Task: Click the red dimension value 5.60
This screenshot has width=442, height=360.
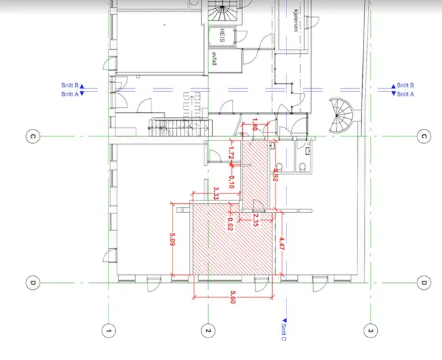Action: tap(233, 297)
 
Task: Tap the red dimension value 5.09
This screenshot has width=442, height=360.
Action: tap(173, 239)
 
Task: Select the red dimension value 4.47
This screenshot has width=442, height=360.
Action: tap(282, 243)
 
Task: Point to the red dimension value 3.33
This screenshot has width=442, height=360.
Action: tap(216, 194)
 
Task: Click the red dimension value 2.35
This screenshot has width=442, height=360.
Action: tap(255, 220)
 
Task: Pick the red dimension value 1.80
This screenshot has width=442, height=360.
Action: tap(254, 124)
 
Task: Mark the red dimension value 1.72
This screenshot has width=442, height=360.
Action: tap(231, 153)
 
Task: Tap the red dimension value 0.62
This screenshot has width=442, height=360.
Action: tap(230, 224)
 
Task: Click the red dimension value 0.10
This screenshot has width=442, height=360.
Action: tap(231, 181)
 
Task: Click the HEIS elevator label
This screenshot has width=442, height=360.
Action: tap(222, 35)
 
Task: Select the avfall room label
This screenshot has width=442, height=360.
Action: tap(214, 59)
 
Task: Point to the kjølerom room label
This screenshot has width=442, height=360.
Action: tap(295, 21)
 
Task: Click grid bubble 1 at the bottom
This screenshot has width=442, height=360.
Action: tap(108, 331)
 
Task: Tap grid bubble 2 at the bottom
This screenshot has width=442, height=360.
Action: tap(208, 331)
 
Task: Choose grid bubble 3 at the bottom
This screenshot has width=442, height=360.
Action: tap(370, 331)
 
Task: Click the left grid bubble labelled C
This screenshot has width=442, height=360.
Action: tap(33, 136)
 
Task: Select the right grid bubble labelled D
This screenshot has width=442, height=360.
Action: tap(424, 282)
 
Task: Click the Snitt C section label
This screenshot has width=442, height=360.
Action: tap(284, 332)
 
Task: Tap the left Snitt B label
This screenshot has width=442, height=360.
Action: tap(70, 85)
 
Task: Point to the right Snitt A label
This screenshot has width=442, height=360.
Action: tap(405, 94)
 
